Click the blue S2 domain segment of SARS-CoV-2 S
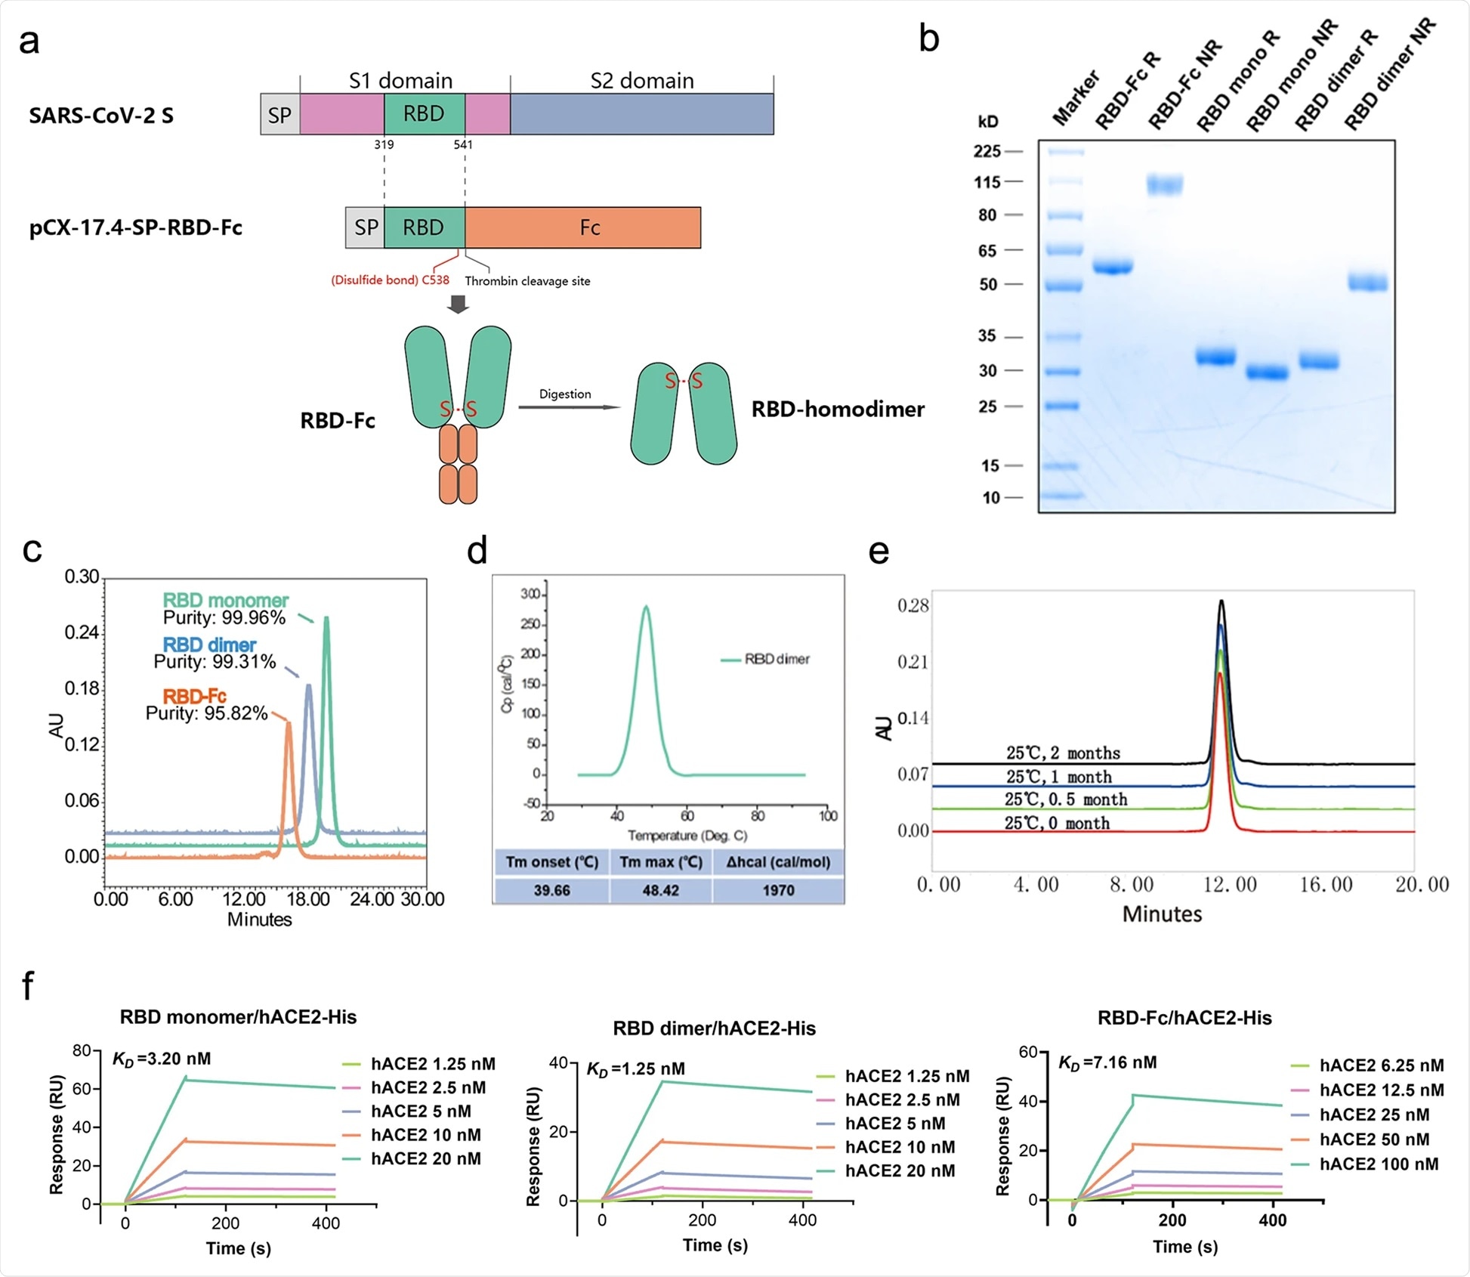(641, 114)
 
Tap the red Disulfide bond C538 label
(390, 280)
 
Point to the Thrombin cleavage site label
(527, 281)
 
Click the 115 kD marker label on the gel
(987, 182)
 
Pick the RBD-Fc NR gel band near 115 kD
(1164, 184)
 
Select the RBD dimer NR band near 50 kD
(1368, 283)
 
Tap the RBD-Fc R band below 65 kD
(1113, 267)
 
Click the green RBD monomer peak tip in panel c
(326, 618)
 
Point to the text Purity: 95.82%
(206, 713)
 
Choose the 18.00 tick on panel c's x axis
(308, 899)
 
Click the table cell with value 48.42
(661, 890)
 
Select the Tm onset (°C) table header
(551, 862)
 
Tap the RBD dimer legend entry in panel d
(765, 660)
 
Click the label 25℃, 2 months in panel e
(1063, 753)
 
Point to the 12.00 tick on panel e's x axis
(1229, 885)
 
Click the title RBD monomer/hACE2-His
(238, 1017)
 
